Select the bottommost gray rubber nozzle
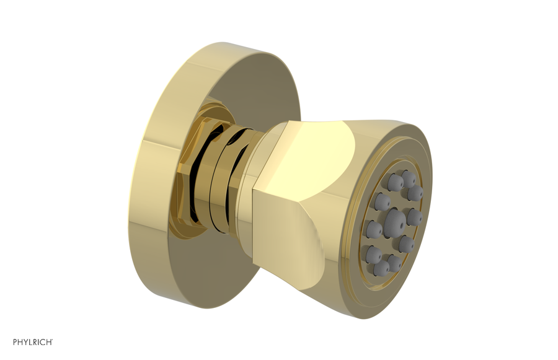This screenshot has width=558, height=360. [381, 267]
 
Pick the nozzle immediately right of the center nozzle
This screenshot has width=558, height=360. [414, 217]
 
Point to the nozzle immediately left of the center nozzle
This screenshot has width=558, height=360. [374, 230]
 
